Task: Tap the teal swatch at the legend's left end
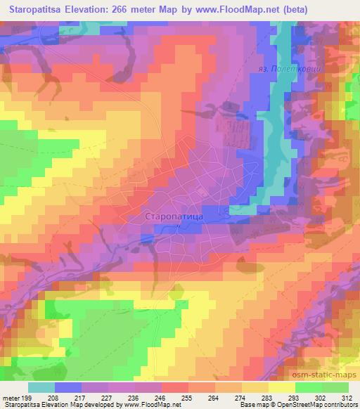[x=42, y=387]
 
